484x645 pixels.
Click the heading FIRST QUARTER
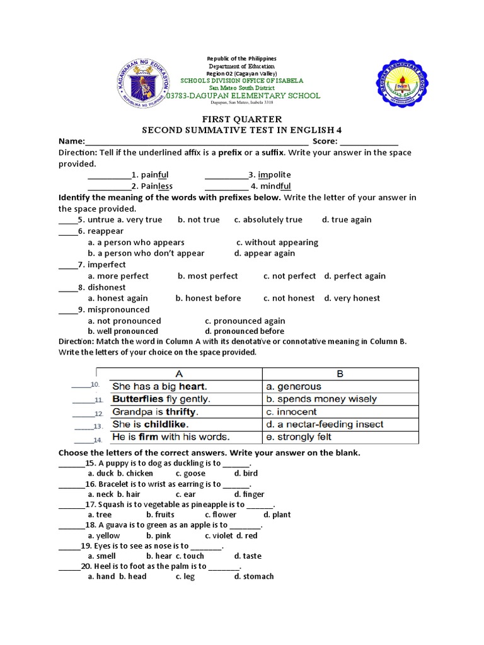coord(241,119)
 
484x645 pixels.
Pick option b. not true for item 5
coord(199,220)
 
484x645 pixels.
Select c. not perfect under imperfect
coord(289,276)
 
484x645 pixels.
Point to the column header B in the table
coord(340,374)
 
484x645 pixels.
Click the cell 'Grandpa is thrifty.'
coord(155,411)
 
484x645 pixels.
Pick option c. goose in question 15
coord(190,473)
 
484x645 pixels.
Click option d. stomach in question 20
coord(254,576)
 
